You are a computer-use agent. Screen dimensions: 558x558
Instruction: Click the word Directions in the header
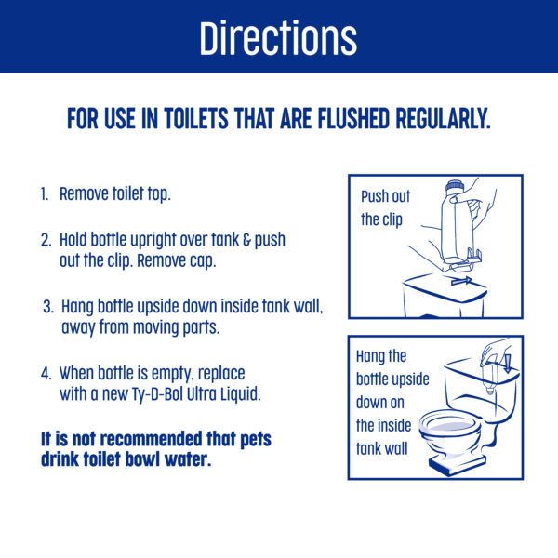(278, 38)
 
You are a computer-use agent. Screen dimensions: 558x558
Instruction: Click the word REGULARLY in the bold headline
(443, 118)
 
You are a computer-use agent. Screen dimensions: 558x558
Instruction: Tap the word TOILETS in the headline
(196, 118)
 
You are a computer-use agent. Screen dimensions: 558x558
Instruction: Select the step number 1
(44, 194)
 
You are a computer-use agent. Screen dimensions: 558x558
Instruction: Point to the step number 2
(46, 240)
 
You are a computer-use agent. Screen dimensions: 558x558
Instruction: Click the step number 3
(48, 306)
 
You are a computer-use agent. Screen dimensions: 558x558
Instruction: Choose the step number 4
(46, 373)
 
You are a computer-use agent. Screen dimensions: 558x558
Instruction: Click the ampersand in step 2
(246, 240)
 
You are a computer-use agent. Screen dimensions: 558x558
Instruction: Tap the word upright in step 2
(153, 241)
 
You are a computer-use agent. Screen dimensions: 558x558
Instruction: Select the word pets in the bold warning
(256, 440)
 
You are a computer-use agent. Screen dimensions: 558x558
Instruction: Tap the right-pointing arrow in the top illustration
(461, 281)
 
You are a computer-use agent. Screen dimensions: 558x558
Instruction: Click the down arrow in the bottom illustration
(507, 364)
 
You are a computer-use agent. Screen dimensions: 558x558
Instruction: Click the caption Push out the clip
(385, 208)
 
